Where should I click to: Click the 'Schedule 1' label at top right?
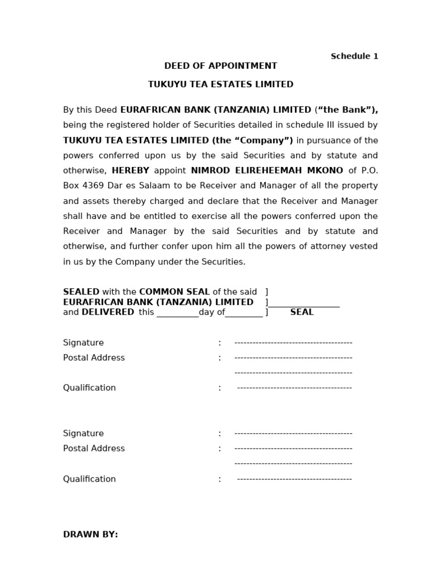(354, 56)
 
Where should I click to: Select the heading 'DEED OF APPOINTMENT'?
(221, 66)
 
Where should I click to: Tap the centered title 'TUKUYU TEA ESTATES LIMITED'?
(221, 84)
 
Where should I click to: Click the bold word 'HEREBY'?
(131, 170)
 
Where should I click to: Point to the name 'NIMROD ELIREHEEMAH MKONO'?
(266, 170)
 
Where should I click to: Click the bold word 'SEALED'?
(81, 292)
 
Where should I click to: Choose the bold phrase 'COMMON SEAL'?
(174, 292)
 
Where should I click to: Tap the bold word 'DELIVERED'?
(108, 312)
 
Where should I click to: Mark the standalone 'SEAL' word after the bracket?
(302, 312)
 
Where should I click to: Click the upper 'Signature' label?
(83, 342)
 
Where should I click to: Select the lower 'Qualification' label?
(89, 479)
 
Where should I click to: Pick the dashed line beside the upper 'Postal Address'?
(293, 357)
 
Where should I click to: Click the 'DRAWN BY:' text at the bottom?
(90, 535)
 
